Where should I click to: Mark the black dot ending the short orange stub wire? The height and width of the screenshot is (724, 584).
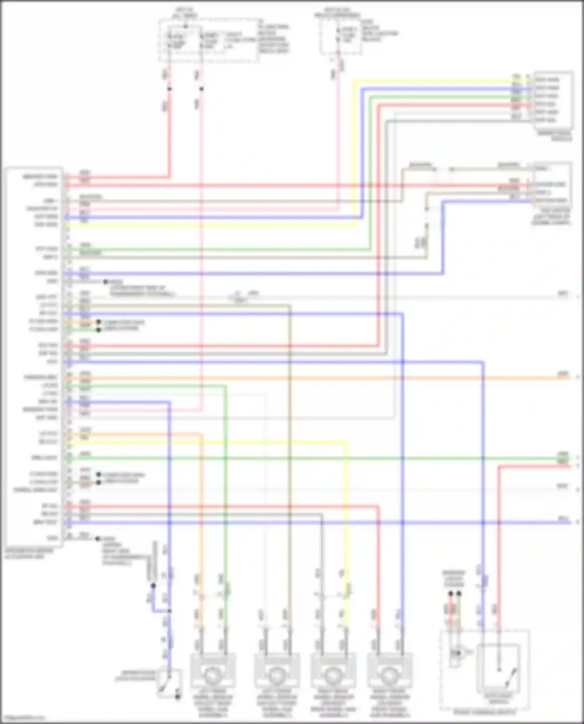click(x=99, y=322)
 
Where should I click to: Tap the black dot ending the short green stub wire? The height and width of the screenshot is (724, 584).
click(x=99, y=330)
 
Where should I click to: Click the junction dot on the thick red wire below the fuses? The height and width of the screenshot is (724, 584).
click(x=169, y=89)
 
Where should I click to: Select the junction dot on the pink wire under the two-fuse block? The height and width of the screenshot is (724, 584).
click(x=201, y=89)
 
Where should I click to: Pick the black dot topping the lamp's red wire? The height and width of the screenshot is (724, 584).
click(x=450, y=594)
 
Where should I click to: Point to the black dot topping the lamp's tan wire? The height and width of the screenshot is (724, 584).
click(x=459, y=594)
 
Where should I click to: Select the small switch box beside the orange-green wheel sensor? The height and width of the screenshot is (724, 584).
click(x=169, y=683)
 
